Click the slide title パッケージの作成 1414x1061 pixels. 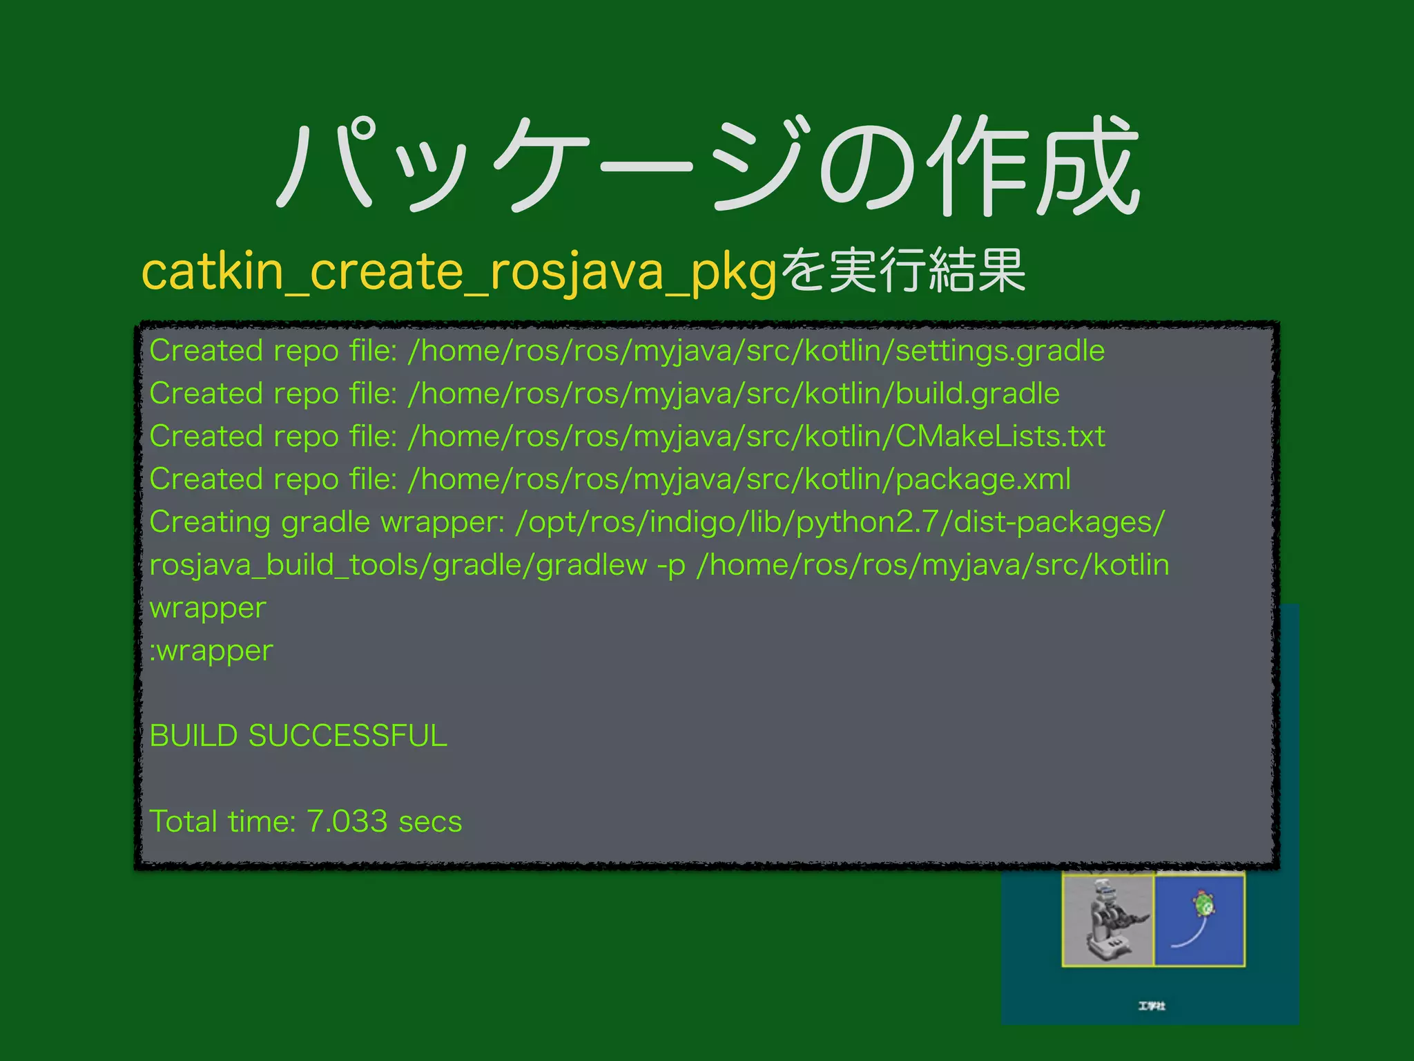[707, 166]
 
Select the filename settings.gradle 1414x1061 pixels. [1000, 351]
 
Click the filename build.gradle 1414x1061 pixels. [977, 394]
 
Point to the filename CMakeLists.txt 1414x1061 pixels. [1000, 437]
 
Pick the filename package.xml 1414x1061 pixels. [982, 479]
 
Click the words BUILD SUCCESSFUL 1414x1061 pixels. [298, 736]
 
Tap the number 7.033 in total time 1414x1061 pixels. [347, 821]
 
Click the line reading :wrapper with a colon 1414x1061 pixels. [211, 651]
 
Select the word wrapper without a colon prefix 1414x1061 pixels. [208, 609]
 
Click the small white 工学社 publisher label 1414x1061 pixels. [1152, 1006]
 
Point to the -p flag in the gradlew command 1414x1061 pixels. [671, 565]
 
